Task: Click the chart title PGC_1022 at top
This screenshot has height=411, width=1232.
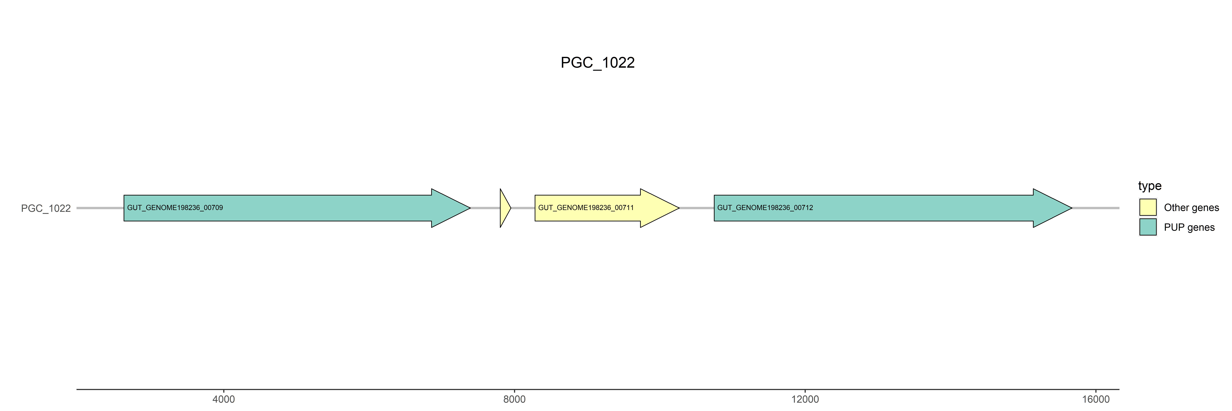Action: click(x=597, y=63)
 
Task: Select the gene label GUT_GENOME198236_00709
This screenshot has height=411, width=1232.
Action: click(x=175, y=208)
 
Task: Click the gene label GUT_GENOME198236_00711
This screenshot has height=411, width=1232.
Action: click(x=586, y=208)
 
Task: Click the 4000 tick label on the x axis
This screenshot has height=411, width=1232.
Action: click(x=223, y=399)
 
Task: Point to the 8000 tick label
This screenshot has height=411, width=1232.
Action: click(x=514, y=399)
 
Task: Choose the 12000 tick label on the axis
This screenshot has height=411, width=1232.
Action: click(x=805, y=399)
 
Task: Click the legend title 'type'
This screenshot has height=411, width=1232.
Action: click(x=1150, y=186)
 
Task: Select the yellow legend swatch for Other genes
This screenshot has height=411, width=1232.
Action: click(x=1148, y=207)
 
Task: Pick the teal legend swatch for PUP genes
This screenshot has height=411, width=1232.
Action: click(x=1148, y=227)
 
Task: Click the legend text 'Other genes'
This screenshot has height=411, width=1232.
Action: click(x=1191, y=208)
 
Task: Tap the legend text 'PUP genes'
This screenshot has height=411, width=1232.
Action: click(x=1189, y=227)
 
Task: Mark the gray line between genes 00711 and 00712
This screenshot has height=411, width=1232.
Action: click(x=696, y=208)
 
